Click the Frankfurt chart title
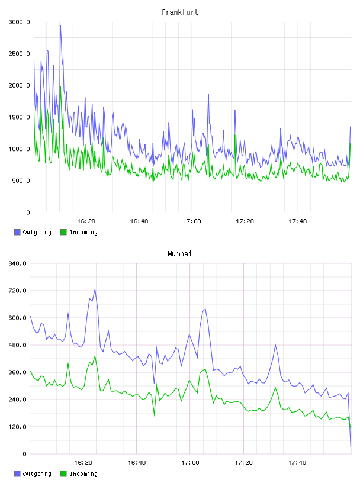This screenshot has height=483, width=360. (180, 12)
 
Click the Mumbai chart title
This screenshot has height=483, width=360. (179, 253)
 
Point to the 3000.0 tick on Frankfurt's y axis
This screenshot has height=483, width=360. (19, 22)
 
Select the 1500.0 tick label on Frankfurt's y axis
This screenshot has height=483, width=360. (19, 117)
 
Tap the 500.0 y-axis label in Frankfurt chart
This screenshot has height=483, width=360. (21, 181)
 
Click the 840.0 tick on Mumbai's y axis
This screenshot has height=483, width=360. (17, 263)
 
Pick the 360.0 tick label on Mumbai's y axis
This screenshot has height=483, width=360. (17, 372)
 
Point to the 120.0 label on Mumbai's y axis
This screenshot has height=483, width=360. (17, 427)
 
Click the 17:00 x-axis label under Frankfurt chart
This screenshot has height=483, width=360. (192, 221)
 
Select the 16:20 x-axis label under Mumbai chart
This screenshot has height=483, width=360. (83, 462)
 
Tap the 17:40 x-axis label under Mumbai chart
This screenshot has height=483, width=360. (297, 462)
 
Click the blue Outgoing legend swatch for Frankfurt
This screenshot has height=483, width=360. (17, 232)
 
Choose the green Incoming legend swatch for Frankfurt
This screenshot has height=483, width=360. (63, 232)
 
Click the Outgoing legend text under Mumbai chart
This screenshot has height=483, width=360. (37, 474)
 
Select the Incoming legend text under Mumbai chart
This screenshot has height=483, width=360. (83, 474)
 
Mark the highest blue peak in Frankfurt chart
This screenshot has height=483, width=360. (60, 25)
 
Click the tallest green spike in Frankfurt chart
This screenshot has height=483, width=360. (60, 87)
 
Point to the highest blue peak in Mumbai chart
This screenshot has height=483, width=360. (95, 289)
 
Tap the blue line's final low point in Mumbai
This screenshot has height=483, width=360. (351, 447)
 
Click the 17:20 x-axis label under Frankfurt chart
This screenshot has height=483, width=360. (245, 221)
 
